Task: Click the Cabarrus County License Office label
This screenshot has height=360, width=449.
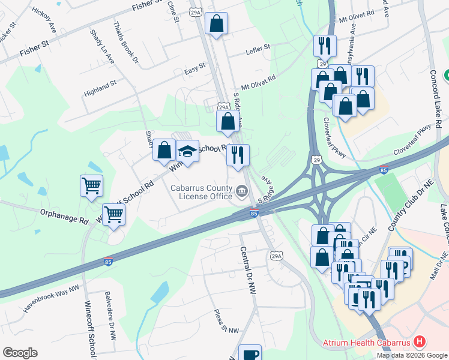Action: (x=201, y=191)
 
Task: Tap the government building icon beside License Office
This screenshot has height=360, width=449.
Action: (x=242, y=191)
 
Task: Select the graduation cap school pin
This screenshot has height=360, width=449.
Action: (x=188, y=151)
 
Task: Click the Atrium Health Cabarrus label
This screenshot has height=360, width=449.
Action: (x=366, y=343)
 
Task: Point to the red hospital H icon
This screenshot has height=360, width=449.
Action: (x=420, y=343)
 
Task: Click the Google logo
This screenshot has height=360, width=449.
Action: (x=20, y=353)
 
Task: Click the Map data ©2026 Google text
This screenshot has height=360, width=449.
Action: (x=411, y=355)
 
